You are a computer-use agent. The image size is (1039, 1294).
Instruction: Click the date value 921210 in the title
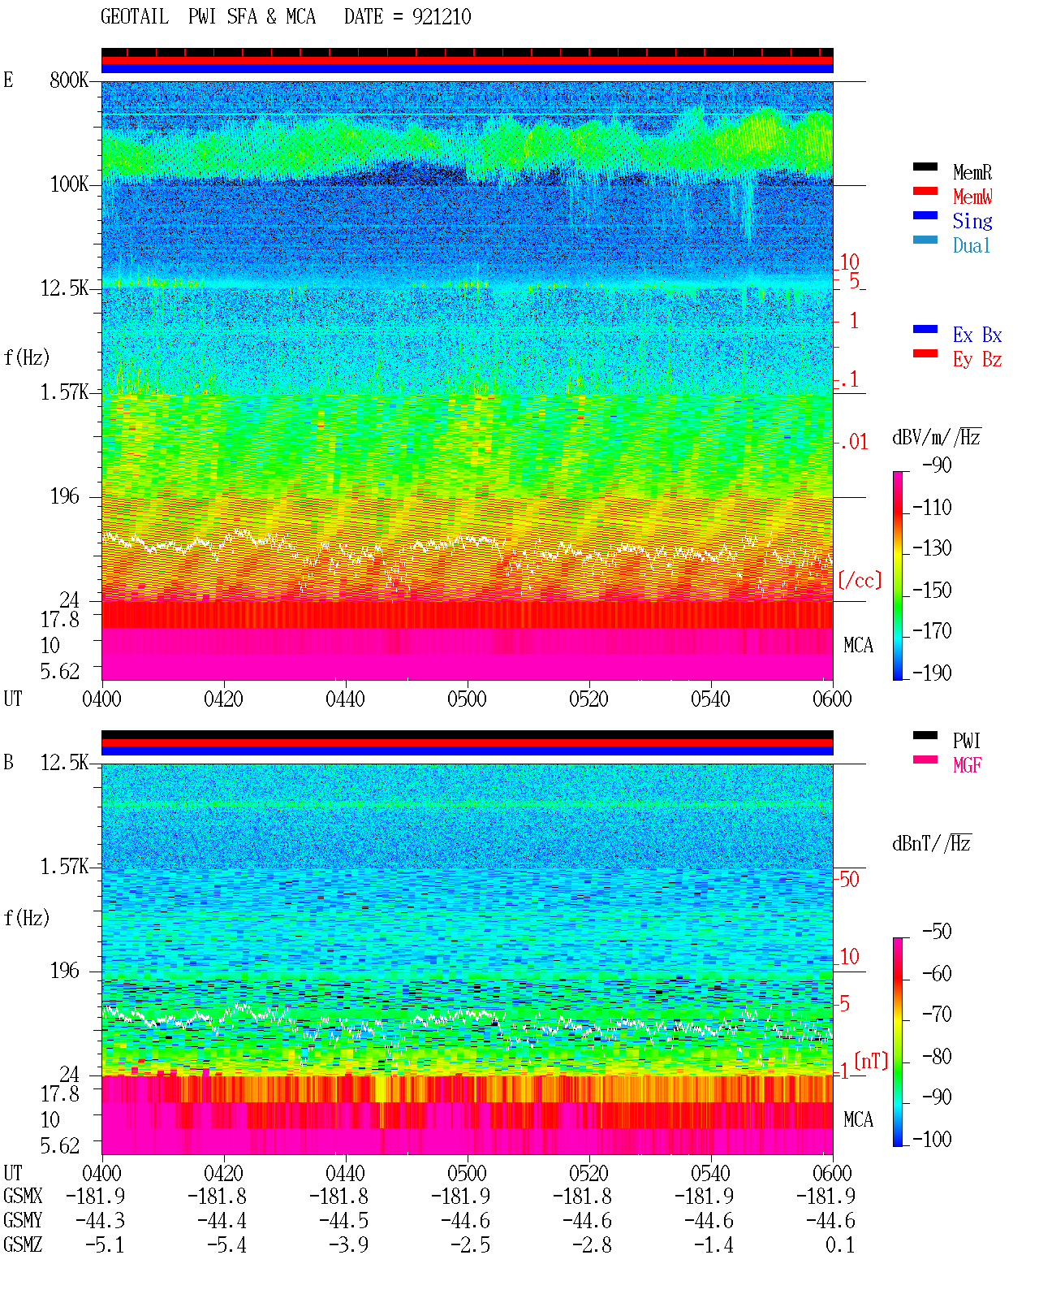[x=442, y=16]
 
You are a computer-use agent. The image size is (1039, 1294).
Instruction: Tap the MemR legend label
[x=972, y=172]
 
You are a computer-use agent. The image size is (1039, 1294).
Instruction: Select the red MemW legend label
[x=972, y=197]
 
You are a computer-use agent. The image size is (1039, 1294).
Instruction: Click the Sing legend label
[x=972, y=221]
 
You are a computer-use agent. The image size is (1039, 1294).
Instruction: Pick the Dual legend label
[x=972, y=245]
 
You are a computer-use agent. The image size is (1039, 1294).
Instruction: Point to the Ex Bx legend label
[x=977, y=335]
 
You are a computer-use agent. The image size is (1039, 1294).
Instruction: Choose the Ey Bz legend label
[x=977, y=360]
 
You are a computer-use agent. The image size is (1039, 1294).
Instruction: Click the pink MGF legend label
[x=967, y=765]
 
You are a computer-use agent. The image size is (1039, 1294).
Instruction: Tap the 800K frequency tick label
[x=69, y=80]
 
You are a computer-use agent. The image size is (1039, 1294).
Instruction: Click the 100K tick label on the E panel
[x=69, y=184]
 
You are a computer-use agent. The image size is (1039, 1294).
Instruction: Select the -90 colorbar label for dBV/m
[x=937, y=465]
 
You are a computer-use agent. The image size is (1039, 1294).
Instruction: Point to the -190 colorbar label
[x=932, y=673]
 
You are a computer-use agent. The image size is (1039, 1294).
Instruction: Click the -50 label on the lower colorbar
[x=937, y=932]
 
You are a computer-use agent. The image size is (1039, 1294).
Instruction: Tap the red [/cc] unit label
[x=860, y=580]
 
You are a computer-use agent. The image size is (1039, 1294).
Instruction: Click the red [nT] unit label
[x=871, y=1061]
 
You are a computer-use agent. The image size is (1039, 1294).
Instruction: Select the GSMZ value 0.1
[x=839, y=1244]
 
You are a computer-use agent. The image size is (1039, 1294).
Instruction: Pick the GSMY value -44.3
[x=100, y=1221]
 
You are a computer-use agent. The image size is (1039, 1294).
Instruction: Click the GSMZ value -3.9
[x=348, y=1244]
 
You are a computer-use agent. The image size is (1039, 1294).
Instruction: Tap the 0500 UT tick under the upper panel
[x=467, y=699]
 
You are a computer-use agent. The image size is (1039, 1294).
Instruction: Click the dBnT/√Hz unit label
[x=932, y=844]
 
